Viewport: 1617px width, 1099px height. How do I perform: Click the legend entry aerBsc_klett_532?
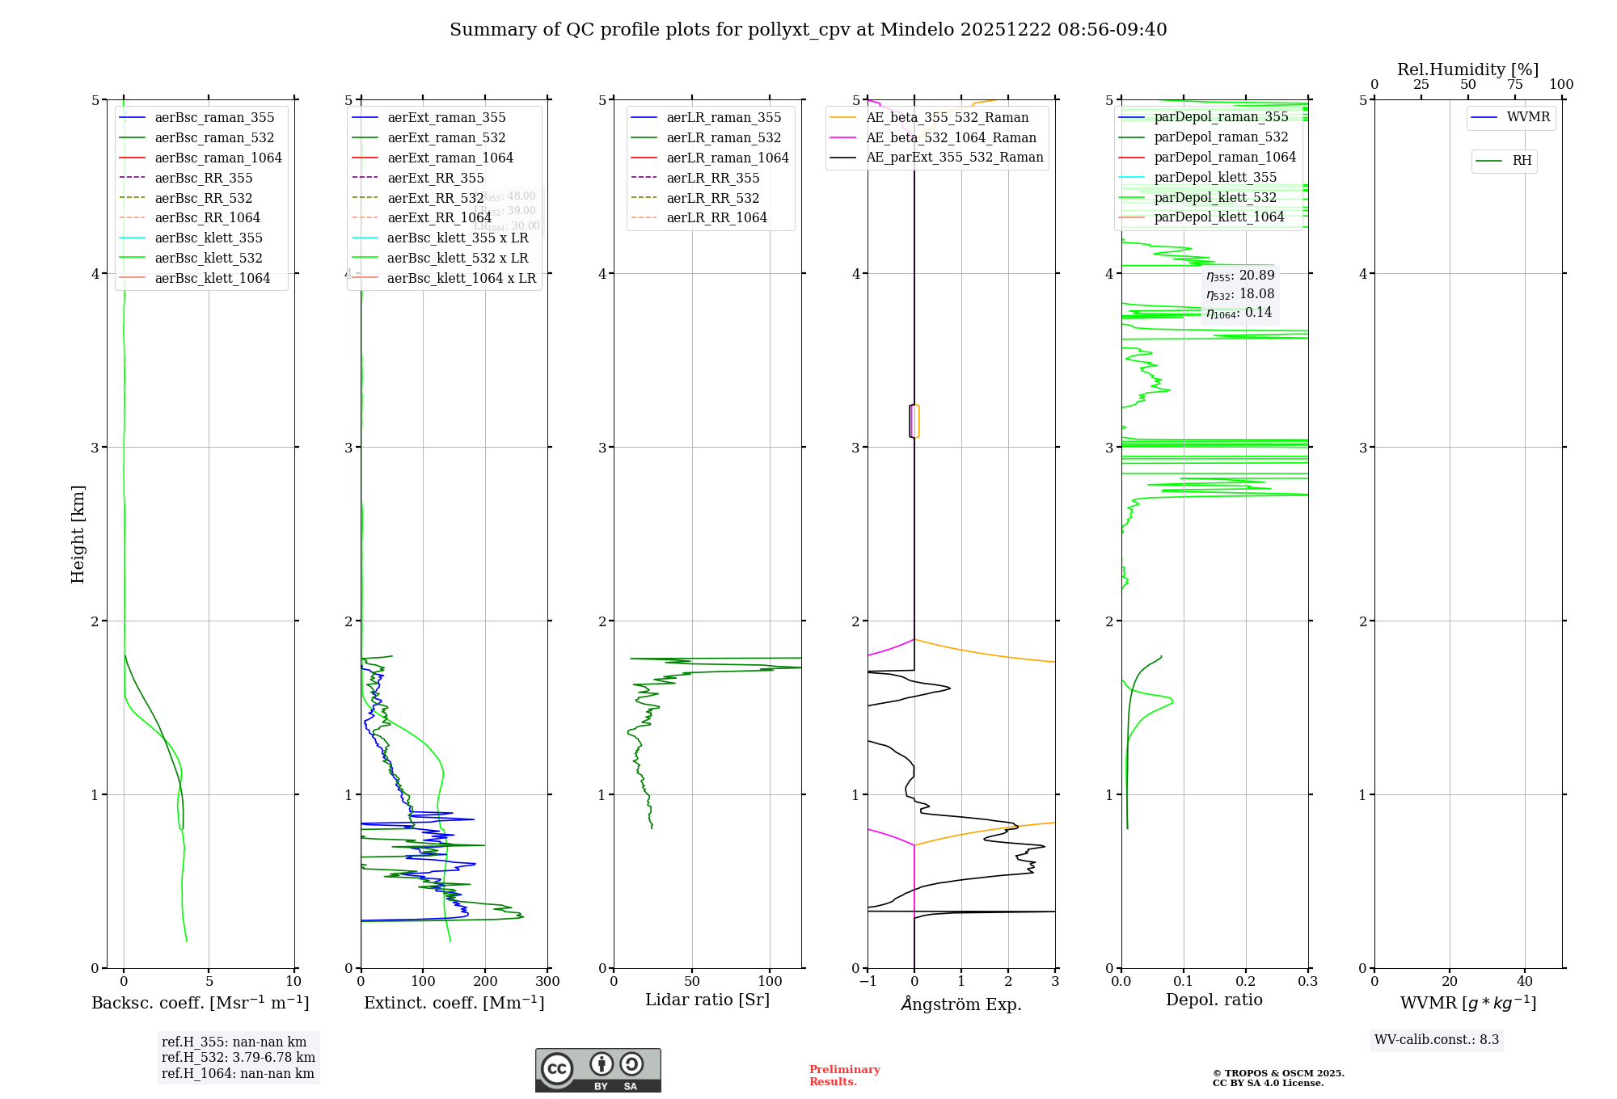pos(209,258)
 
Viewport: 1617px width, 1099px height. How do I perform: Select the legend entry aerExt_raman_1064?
pos(450,158)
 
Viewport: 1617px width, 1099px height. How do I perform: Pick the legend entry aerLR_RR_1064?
pos(716,217)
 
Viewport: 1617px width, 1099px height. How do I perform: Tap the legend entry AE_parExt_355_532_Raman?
pos(954,157)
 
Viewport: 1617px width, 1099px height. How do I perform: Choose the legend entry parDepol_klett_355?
pos(1215,177)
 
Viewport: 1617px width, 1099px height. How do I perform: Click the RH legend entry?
pos(1521,161)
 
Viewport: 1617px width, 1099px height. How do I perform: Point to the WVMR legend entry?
pos(1528,117)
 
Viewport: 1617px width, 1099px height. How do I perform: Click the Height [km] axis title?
pos(78,534)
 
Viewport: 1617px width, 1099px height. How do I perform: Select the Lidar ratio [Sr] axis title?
pos(707,1000)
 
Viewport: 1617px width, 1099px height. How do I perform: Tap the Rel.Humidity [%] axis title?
pos(1467,69)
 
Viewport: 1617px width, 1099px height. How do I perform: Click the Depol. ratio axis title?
pos(1214,1000)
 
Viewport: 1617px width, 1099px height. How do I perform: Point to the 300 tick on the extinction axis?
pos(547,982)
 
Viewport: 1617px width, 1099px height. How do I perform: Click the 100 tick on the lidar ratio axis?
pos(770,982)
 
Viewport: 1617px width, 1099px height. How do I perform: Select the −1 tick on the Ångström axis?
pos(867,982)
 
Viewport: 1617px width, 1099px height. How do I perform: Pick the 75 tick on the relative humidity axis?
pos(1514,85)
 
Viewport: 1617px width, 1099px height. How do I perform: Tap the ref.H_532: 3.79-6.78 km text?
pos(238,1058)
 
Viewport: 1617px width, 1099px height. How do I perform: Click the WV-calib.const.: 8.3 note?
pos(1437,1040)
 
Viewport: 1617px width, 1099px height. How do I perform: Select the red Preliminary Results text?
pos(844,1076)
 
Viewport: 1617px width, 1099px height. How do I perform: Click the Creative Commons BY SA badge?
pos(597,1071)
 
